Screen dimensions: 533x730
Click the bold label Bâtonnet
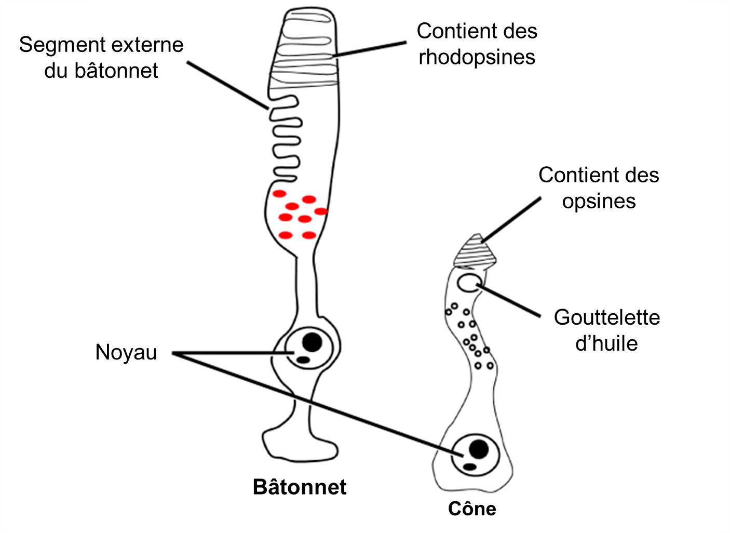[x=300, y=487]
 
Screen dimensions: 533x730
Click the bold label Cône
[x=472, y=509]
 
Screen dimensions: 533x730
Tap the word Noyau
[x=126, y=352]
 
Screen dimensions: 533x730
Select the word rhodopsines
[x=477, y=57]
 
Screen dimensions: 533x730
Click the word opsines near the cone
[x=599, y=201]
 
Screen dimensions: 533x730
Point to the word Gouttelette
[x=606, y=317]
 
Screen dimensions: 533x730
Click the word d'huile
[x=606, y=343]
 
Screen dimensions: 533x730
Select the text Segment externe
[x=101, y=45]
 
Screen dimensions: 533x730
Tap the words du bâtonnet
[x=101, y=71]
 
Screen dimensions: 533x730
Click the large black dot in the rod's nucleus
[x=312, y=342]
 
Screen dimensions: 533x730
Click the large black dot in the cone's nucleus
[x=478, y=449]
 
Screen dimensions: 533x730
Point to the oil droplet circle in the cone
[x=468, y=283]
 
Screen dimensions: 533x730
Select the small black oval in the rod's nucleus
[x=302, y=359]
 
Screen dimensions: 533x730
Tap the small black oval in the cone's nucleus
[x=469, y=467]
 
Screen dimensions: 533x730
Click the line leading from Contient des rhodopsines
[x=370, y=49]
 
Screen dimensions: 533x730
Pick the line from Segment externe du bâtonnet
[x=227, y=85]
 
